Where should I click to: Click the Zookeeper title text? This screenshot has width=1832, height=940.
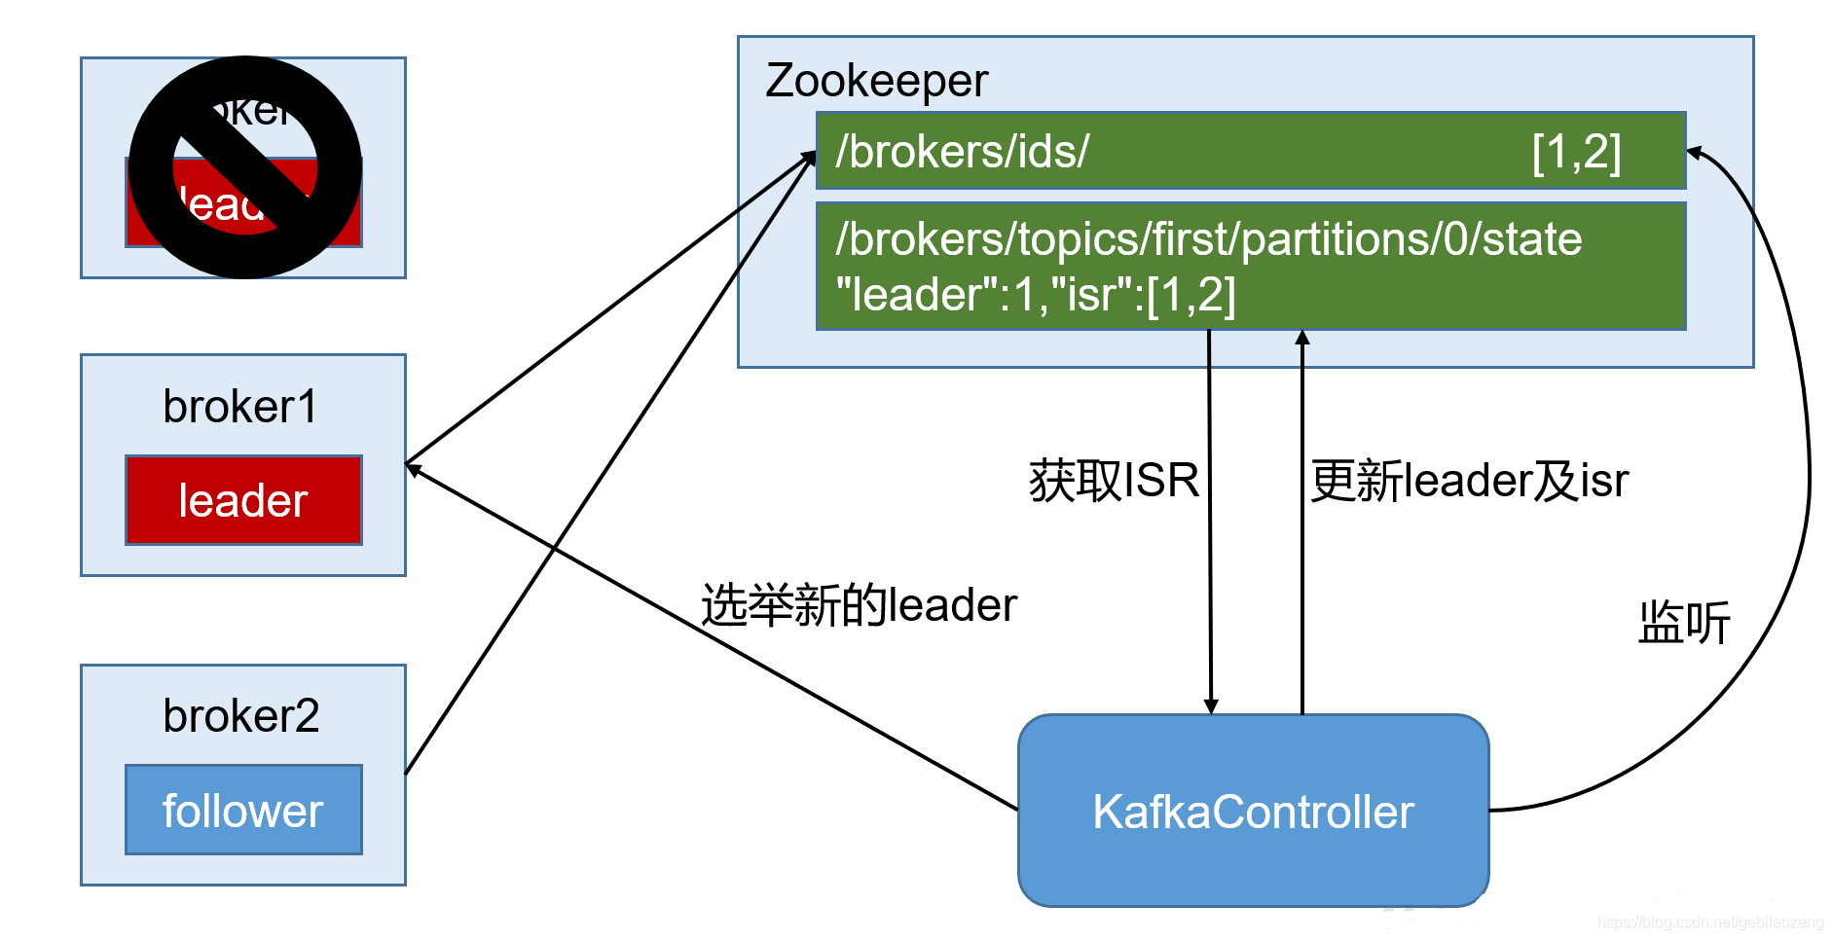pos(876,81)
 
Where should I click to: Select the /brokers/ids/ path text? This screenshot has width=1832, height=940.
pos(962,152)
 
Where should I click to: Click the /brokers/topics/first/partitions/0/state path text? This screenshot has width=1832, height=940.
pos(1208,239)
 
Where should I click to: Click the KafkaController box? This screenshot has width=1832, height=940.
pos(1253,811)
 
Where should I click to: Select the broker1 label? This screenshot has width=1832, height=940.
pos(240,407)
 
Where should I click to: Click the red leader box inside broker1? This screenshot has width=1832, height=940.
pos(243,500)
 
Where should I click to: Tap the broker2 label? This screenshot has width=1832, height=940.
pos(240,716)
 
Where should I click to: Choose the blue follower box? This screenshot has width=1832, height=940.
pos(243,810)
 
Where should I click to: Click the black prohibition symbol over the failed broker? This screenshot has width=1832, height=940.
pos(245,167)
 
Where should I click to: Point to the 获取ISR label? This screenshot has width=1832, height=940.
pos(1114,481)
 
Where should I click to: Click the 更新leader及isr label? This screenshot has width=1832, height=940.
pos(1469,481)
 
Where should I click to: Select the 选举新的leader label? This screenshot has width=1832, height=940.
pos(859,605)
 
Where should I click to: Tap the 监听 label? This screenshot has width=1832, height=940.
pos(1684,623)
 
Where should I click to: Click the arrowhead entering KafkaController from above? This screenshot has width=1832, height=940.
pos(1211,706)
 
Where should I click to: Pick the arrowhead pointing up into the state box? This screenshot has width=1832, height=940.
pos(1302,338)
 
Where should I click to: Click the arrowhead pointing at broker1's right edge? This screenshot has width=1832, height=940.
pos(413,469)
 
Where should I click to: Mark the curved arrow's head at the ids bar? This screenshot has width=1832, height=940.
pos(1695,153)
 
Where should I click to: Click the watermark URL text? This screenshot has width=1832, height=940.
pos(1710,922)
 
